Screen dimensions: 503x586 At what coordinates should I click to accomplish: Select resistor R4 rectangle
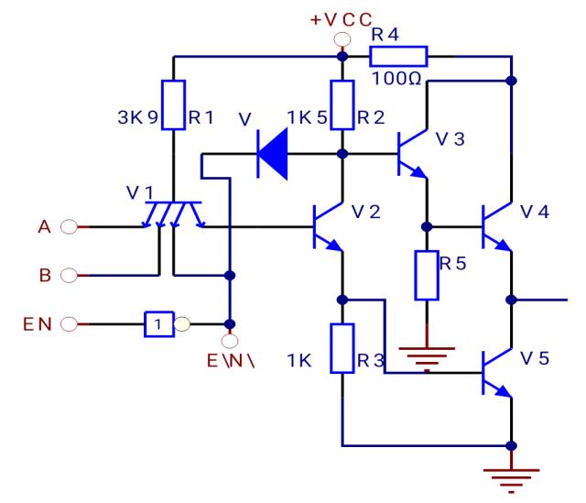click(398, 57)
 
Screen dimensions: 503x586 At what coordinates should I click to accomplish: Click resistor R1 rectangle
click(174, 104)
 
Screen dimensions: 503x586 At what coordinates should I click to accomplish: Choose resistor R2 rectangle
click(342, 104)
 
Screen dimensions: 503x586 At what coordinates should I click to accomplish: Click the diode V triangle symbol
click(273, 153)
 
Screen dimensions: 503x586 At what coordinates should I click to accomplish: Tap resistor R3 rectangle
click(342, 349)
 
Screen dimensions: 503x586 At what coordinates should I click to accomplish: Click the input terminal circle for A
click(67, 227)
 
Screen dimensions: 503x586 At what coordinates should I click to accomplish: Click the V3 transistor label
click(450, 138)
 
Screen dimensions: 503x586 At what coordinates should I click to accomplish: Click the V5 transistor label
click(537, 357)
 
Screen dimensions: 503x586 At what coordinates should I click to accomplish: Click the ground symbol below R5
click(427, 352)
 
